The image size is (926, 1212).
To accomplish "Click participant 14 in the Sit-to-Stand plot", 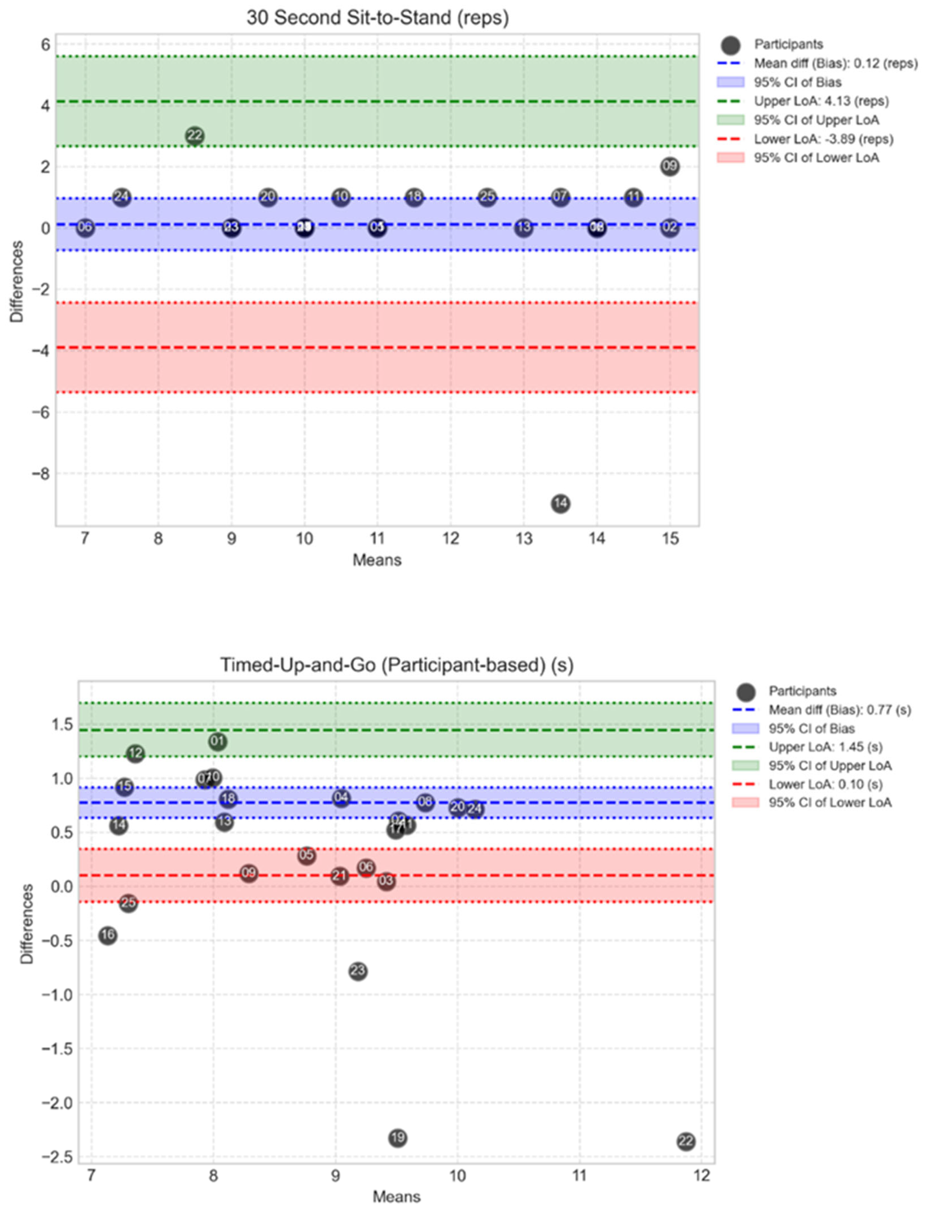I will (x=560, y=504).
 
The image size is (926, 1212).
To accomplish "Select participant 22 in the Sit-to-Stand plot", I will (x=195, y=136).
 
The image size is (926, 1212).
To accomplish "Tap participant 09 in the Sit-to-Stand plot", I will (x=670, y=166).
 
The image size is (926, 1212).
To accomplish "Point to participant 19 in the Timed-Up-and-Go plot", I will (x=398, y=1137).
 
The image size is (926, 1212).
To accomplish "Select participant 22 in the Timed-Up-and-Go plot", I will (x=686, y=1141).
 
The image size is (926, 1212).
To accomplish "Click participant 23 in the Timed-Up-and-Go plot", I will (x=358, y=971).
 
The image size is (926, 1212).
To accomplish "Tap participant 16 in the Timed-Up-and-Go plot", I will (x=107, y=935).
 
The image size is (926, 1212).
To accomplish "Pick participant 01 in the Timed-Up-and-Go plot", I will (x=218, y=742).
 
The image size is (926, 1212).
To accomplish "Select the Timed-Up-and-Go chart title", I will (x=397, y=665).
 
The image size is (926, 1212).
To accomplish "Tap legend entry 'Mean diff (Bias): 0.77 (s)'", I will (x=839, y=710).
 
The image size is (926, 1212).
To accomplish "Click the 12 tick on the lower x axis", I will (x=701, y=1176).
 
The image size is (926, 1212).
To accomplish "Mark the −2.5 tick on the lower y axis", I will (x=57, y=1157).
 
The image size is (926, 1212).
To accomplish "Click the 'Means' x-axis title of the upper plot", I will (x=377, y=560).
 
